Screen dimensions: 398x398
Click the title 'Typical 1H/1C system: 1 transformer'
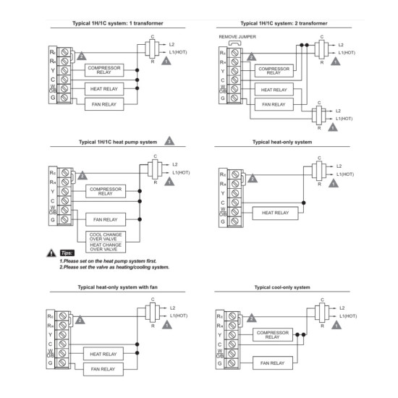click(118, 23)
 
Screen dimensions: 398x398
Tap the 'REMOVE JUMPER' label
click(237, 37)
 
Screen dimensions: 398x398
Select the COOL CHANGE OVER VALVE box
click(106, 237)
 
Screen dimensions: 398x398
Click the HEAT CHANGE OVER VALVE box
click(106, 247)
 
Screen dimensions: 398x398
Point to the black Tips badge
click(67, 253)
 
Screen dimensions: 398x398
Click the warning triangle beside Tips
click(51, 253)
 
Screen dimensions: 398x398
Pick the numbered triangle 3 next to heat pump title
click(169, 141)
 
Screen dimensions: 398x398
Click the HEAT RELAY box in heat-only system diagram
click(275, 213)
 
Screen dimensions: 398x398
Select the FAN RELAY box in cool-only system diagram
click(273, 363)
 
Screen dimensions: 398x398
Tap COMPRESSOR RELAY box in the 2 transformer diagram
click(274, 71)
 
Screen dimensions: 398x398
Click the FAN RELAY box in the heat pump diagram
click(106, 219)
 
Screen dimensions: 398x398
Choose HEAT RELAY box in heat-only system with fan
click(103, 354)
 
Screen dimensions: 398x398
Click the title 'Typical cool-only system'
click(282, 287)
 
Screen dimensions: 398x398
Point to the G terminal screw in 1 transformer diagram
click(64, 98)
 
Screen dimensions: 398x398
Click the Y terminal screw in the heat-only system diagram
click(235, 193)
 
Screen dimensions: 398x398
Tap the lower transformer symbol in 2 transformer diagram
click(319, 115)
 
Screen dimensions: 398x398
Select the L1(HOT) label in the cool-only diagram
click(348, 316)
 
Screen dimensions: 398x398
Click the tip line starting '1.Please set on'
click(108, 261)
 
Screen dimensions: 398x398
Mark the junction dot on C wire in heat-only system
click(304, 203)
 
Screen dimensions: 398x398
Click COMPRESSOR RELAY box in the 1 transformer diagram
click(104, 70)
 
